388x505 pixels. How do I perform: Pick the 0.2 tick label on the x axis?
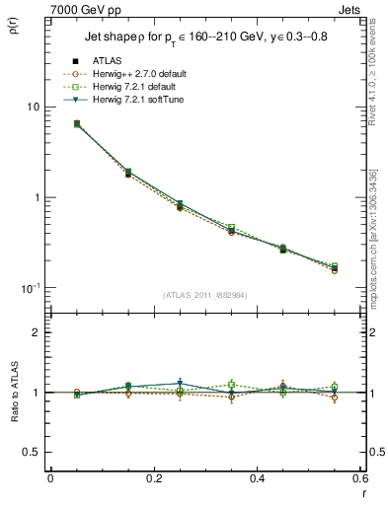point(153,478)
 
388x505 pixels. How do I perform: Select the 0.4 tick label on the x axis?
point(257,478)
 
